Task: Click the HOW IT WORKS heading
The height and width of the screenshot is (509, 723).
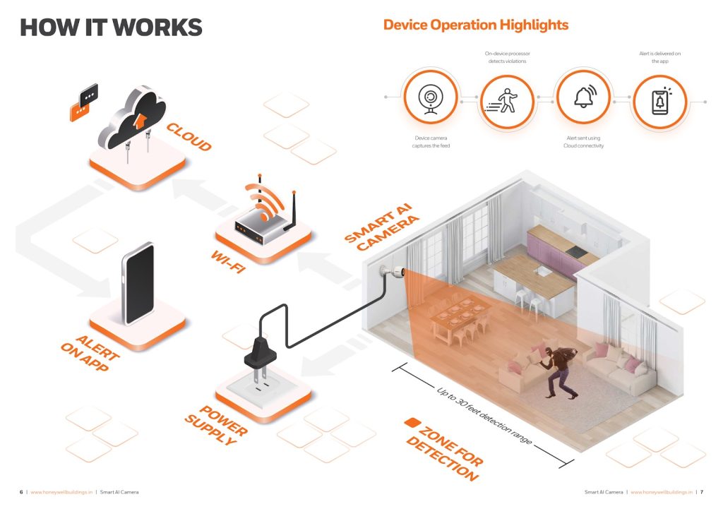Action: click(x=111, y=27)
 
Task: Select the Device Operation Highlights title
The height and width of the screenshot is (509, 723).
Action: click(x=475, y=25)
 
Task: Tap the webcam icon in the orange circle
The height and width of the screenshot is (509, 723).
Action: click(x=430, y=100)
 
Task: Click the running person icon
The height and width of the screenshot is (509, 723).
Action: click(x=506, y=100)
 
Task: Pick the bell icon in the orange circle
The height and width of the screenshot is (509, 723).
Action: click(x=582, y=100)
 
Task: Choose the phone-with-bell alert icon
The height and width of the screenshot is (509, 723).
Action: click(x=659, y=100)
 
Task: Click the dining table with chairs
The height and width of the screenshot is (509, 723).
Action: click(x=460, y=318)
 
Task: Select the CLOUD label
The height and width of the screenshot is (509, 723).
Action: click(x=189, y=137)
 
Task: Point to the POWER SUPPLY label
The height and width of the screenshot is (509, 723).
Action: click(x=216, y=425)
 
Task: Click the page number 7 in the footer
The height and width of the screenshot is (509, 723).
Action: click(x=702, y=492)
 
